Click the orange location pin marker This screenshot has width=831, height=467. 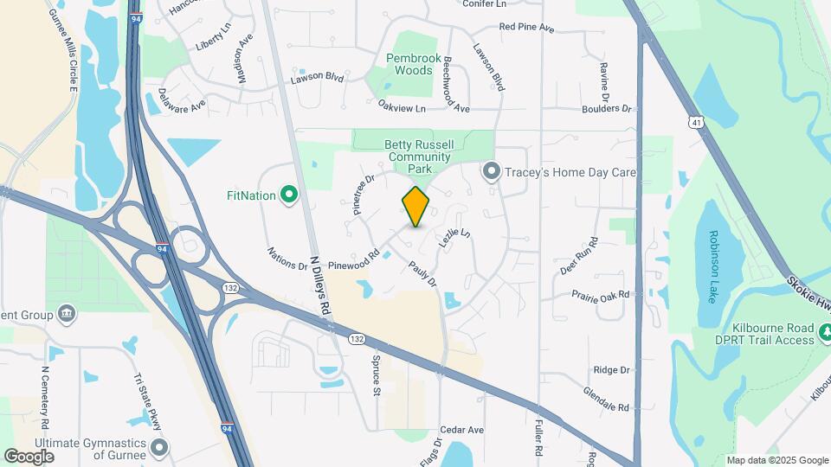(x=415, y=207)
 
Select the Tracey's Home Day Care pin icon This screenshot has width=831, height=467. (x=492, y=173)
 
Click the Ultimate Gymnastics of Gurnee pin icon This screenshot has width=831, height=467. (x=158, y=448)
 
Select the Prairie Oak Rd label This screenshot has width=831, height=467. (x=600, y=295)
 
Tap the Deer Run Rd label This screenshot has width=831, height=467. (x=579, y=256)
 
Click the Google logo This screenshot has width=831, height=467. (x=29, y=456)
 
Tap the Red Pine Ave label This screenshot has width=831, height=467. (x=526, y=28)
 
